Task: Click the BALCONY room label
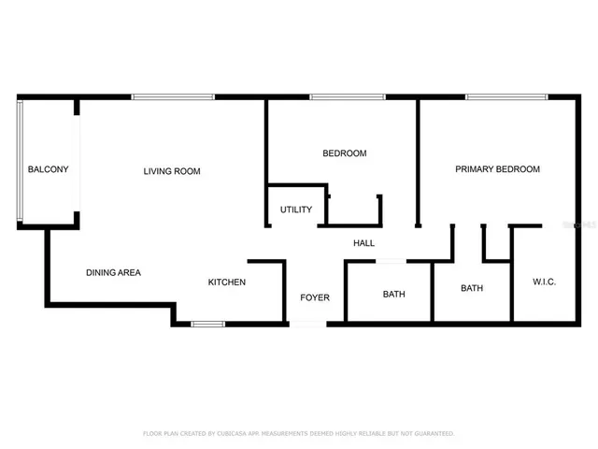click(48, 169)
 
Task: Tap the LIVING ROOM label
click(172, 171)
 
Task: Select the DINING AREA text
click(113, 273)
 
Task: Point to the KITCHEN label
click(227, 282)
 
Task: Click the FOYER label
click(314, 297)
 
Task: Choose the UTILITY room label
click(296, 210)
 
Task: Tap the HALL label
click(363, 243)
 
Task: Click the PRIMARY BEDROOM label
click(497, 169)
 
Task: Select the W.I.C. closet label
click(545, 282)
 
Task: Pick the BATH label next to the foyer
click(393, 295)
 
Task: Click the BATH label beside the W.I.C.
click(472, 288)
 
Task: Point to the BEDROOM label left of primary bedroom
click(344, 153)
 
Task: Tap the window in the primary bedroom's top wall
click(507, 96)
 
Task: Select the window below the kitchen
click(207, 324)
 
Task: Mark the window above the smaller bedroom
click(348, 96)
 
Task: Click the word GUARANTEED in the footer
click(433, 434)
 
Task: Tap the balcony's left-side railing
click(19, 161)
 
